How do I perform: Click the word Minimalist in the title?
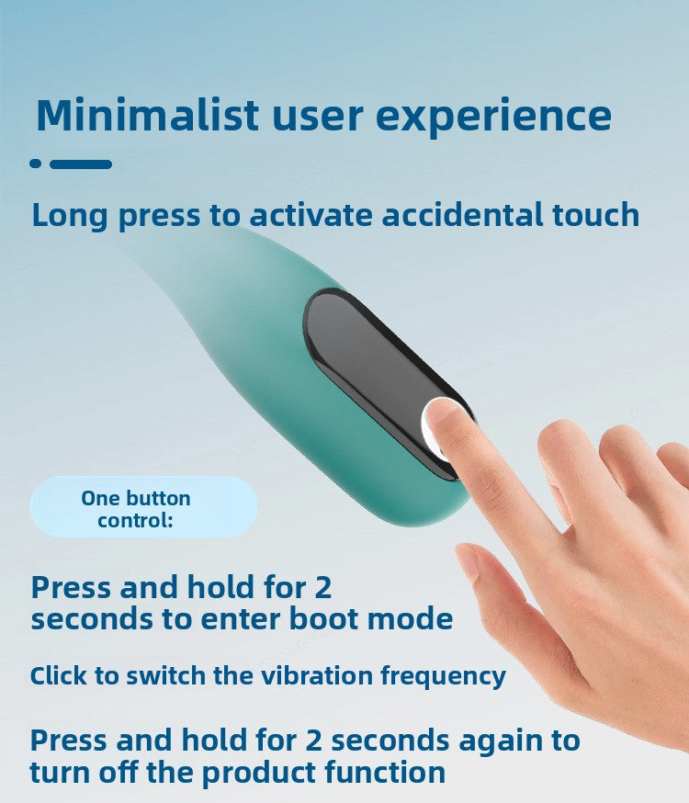click(x=147, y=115)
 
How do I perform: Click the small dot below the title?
click(x=36, y=164)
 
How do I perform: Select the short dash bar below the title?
click(x=81, y=164)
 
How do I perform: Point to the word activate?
click(x=308, y=215)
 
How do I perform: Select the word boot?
click(x=325, y=618)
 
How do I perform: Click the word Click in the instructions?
click(x=62, y=676)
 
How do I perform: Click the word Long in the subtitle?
click(x=69, y=215)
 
